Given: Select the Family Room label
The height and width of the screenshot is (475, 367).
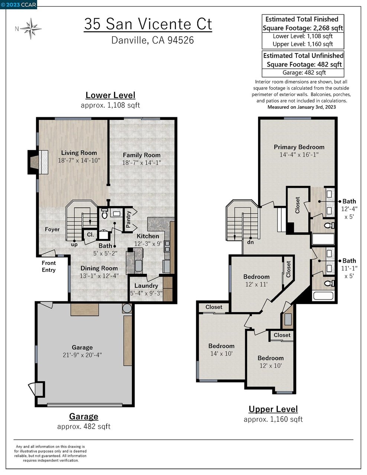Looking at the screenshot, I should click(142, 155).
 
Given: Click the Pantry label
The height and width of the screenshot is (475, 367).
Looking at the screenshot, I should click(129, 219).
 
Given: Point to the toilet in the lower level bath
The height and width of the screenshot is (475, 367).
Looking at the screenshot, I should click(104, 214).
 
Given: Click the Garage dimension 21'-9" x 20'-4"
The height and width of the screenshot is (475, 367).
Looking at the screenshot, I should click(82, 355).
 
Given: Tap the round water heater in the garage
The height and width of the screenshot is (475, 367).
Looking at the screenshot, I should click(127, 309).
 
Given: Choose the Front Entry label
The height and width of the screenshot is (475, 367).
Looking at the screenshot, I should click(49, 266).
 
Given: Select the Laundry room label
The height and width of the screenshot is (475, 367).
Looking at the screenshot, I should click(146, 286).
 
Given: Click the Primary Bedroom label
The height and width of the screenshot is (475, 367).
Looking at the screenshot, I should click(299, 147).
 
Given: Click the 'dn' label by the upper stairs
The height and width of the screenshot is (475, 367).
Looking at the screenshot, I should click(250, 242).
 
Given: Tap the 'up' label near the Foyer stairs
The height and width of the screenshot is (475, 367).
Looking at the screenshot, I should click(74, 245).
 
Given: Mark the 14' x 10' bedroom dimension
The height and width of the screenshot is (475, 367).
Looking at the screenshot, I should click(221, 354).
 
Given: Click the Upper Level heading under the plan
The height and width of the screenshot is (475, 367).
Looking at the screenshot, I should click(273, 409).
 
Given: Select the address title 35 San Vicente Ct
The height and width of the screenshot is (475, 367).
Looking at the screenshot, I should click(148, 24).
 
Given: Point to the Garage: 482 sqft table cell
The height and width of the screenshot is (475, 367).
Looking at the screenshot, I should click(304, 73).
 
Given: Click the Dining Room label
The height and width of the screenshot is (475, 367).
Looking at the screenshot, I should click(99, 268).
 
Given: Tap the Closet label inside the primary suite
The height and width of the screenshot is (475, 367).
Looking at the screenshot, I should click(298, 205).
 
